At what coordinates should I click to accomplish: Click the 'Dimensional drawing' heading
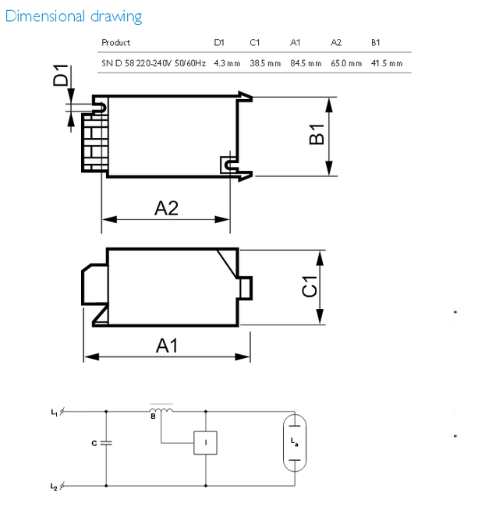(73, 16)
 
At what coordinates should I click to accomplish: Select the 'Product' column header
(116, 43)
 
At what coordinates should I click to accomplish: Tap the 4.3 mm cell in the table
(227, 63)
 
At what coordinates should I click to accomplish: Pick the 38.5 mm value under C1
(265, 63)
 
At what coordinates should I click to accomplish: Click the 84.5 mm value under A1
(306, 63)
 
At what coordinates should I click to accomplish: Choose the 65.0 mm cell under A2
(346, 63)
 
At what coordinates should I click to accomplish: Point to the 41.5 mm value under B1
(387, 63)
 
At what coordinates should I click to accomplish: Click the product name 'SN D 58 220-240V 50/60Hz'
(154, 63)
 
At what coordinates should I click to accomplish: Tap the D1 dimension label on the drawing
(61, 75)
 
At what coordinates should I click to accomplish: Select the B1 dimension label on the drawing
(317, 134)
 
